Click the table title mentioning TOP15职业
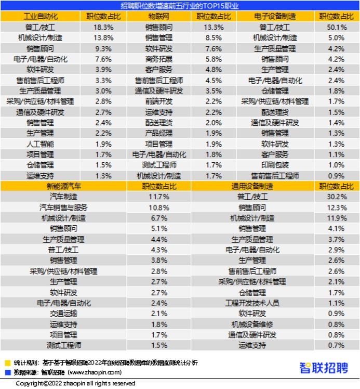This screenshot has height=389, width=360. pos(179,5)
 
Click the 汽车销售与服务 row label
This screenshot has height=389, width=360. pos(64,207)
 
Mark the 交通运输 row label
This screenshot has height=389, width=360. pos(64,313)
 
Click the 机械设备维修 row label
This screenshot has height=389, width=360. pos(252,324)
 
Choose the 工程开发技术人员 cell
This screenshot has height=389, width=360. pos(252,303)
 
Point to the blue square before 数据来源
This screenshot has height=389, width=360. pos(7,372)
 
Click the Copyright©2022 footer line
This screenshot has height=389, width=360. pos(75,383)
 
